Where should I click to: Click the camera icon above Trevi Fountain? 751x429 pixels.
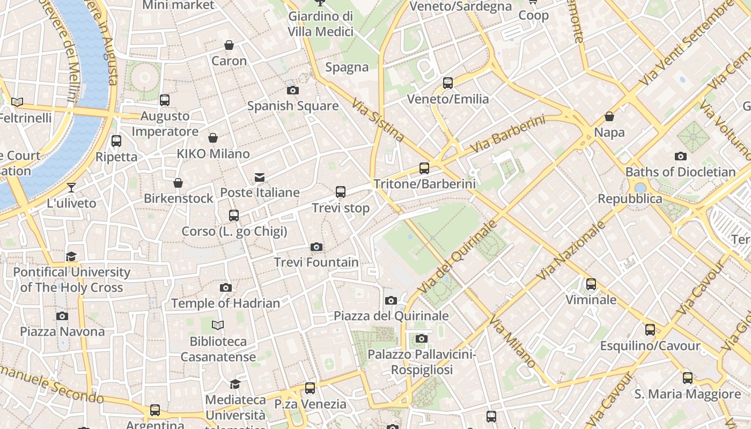316,247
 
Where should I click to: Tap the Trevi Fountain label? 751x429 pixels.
316,262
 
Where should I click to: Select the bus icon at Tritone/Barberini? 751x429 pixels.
424,168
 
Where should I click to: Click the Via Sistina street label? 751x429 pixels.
378,120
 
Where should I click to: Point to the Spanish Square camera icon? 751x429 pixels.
292,90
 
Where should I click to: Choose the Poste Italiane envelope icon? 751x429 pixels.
260,177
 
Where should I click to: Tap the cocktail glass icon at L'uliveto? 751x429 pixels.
71,188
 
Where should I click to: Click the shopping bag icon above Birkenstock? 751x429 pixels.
178,183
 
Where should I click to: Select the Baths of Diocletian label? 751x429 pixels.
680,172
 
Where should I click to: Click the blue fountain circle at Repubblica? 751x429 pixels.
640,188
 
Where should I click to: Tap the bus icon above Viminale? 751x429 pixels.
591,284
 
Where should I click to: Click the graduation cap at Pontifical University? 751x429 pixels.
71,256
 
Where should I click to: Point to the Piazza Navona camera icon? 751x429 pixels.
62,316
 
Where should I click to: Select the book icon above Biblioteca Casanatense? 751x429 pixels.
217,326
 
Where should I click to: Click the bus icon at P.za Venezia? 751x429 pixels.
310,388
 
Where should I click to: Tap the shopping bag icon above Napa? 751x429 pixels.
609,116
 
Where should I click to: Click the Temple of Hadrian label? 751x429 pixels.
225,304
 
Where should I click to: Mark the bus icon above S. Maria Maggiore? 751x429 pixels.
688,378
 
